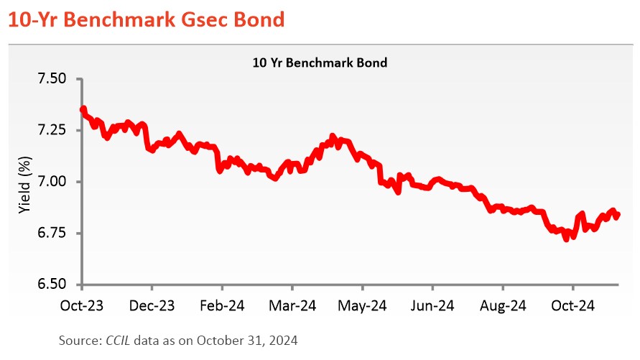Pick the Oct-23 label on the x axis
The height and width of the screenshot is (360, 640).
coord(82,305)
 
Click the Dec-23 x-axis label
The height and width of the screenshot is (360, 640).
coord(152,305)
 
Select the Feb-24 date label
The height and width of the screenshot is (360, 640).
coord(223,305)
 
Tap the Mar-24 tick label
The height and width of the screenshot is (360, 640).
coord(293,305)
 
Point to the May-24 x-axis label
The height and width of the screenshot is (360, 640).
coord(363,305)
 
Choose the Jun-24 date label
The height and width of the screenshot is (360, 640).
coord(433,305)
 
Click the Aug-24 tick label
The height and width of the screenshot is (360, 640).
coord(503,305)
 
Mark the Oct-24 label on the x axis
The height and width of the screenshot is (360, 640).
coord(573,305)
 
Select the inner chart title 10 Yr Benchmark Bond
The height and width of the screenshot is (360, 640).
coord(320,63)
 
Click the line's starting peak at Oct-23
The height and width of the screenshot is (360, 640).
coord(83,109)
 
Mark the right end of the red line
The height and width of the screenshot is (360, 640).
coord(618,215)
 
